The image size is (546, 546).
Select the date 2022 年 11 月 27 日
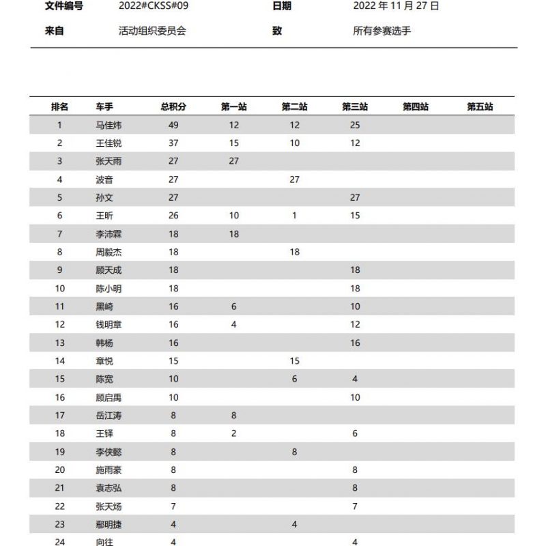396,6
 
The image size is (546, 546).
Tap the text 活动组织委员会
152,31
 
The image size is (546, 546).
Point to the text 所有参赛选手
382,31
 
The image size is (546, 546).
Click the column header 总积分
173,107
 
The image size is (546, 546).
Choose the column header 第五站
480,107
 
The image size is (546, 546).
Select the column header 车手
104,107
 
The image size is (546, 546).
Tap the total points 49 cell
173,125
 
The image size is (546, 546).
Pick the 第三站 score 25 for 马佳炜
355,125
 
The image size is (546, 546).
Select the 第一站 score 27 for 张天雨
234,161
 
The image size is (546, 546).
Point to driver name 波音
104,179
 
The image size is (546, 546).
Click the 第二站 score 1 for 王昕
294,216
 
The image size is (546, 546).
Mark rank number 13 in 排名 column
60,343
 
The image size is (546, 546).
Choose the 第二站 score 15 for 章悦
294,361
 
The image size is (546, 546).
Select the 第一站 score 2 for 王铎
234,433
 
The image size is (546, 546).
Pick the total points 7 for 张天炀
173,506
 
